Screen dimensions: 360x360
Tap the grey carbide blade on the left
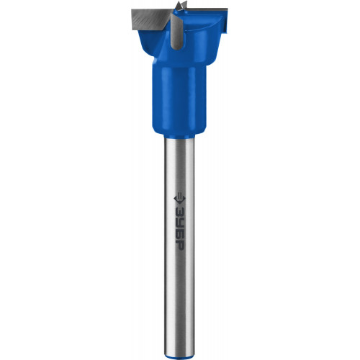[x=150, y=20]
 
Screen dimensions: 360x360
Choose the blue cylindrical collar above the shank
[x=179, y=99]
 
